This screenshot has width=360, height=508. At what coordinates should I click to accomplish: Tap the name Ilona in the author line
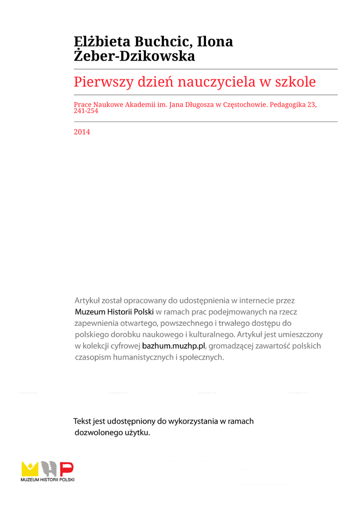pos(215,42)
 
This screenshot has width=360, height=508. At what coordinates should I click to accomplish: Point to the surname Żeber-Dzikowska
pos(134,57)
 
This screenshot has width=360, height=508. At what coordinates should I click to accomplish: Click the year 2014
pos(82,132)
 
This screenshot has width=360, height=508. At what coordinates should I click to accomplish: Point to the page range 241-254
pos(86,111)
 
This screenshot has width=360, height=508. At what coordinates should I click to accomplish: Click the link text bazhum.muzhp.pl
pos(173,346)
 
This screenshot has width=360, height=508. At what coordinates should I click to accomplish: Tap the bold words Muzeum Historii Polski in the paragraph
pos(114,312)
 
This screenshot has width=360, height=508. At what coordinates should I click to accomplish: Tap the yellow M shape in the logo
pos(30,469)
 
